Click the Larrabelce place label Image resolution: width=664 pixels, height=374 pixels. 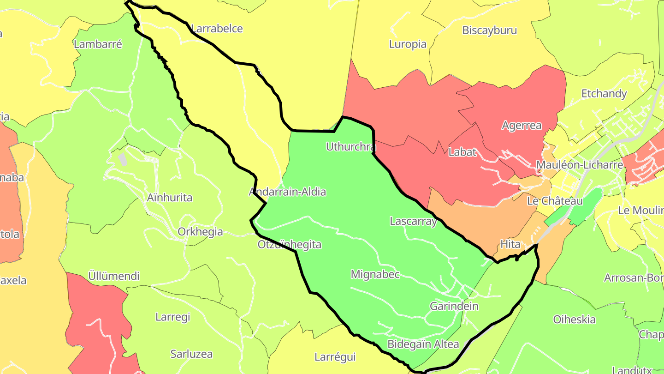point(217,29)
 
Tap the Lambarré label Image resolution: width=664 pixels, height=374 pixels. point(98,44)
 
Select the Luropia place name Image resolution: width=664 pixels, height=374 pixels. point(408,44)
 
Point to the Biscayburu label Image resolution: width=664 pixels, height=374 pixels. point(489,30)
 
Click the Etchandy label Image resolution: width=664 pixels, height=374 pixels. point(604,94)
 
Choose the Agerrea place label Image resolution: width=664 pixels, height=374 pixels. point(522,126)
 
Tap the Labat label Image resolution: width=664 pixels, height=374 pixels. point(462,152)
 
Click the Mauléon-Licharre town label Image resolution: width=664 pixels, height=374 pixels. point(580,165)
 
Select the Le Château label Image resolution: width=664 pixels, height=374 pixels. point(555,201)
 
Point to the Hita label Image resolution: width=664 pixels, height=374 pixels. point(510,244)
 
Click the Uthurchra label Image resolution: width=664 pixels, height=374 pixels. point(350,147)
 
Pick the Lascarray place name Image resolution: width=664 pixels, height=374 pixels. point(413,221)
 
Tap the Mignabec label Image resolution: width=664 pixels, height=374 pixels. point(375,274)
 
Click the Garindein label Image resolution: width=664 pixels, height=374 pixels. point(454,306)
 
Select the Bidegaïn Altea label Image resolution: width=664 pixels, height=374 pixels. point(423,344)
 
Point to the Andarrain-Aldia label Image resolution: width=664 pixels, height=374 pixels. point(287,192)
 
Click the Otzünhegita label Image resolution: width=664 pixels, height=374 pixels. point(290,244)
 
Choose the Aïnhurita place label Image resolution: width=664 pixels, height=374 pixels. point(170,198)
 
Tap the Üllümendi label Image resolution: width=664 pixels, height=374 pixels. point(113,277)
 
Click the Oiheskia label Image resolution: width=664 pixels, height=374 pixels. point(574,320)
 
